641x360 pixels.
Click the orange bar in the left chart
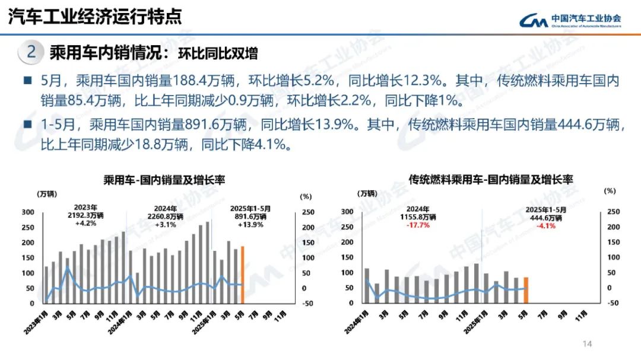coord(242,275)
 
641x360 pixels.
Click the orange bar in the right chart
coord(526,290)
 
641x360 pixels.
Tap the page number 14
coord(588,345)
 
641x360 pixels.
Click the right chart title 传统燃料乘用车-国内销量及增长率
coord(491,179)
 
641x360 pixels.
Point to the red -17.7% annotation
coord(418,225)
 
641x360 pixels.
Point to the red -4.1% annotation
coord(546,225)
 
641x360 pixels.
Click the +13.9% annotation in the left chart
coord(250,225)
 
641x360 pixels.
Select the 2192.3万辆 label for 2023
coord(85,216)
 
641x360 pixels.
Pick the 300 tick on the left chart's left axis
coord(27,212)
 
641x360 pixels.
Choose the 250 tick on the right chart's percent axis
coord(613,212)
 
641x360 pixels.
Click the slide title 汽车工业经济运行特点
coord(95,16)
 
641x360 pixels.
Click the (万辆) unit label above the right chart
coord(366,193)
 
